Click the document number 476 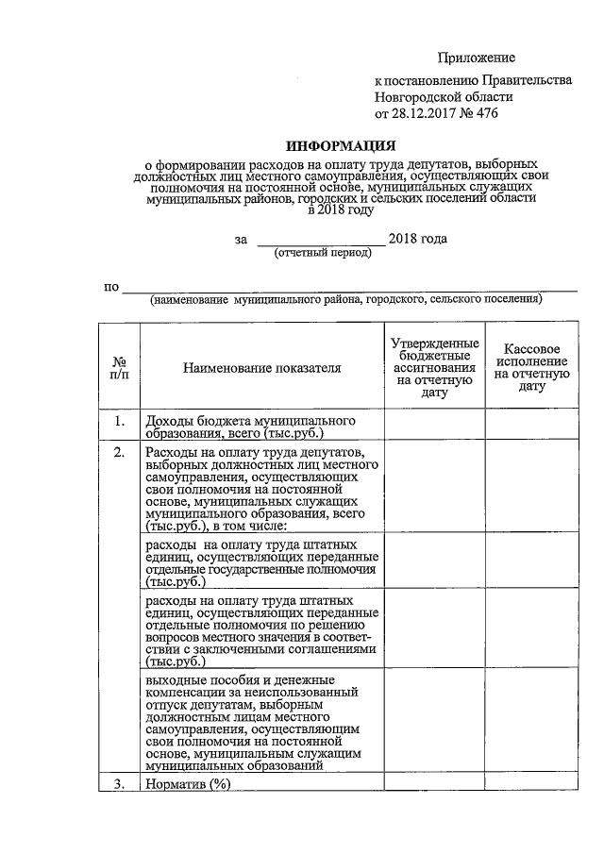pyautogui.click(x=484, y=113)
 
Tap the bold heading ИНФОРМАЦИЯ pyautogui.click(x=341, y=146)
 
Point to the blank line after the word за pyautogui.click(x=320, y=242)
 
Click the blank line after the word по pyautogui.click(x=349, y=289)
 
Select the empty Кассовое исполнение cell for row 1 pyautogui.click(x=532, y=425)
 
